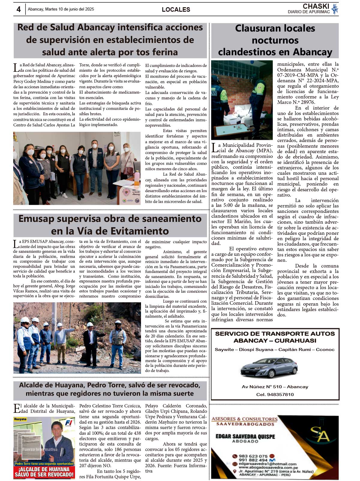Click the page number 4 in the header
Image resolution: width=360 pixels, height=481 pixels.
click(19, 9)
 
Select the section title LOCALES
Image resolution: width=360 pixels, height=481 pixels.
click(176, 10)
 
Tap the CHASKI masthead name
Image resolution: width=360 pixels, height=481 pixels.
click(316, 6)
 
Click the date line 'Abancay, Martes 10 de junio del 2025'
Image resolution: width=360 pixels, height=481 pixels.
click(61, 9)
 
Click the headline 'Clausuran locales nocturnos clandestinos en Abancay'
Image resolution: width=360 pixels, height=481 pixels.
click(275, 40)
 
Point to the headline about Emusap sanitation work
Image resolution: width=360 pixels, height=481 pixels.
click(110, 225)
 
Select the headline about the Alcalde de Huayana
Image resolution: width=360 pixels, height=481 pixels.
click(110, 389)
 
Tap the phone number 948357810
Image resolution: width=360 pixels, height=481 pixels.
click(275, 395)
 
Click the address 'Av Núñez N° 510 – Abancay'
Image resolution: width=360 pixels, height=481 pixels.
click(275, 387)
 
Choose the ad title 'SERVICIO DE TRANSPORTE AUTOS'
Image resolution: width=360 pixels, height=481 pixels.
click(275, 334)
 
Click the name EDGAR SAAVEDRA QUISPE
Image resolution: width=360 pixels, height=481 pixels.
click(245, 436)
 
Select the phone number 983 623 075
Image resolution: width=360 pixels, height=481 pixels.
click(253, 456)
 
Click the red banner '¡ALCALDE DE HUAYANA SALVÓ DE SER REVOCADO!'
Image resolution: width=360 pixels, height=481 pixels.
click(44, 472)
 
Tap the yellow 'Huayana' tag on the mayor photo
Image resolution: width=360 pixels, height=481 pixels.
click(20, 419)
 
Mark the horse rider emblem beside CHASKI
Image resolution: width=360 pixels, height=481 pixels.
click(335, 9)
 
